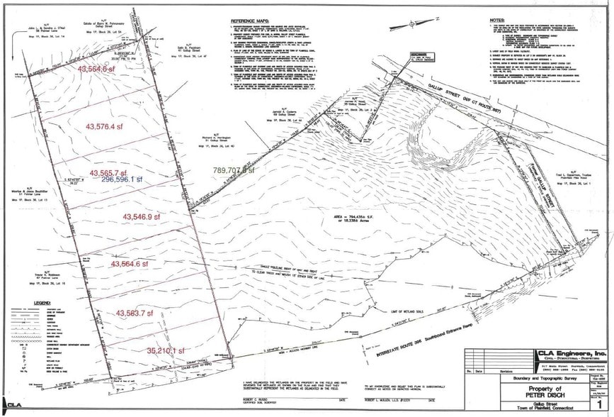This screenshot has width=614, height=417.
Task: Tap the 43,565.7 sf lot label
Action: pyautogui.click(x=113, y=173)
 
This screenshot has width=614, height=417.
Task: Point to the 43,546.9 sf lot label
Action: pyautogui.click(x=147, y=216)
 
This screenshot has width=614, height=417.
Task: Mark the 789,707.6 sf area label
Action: pyautogui.click(x=234, y=170)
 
